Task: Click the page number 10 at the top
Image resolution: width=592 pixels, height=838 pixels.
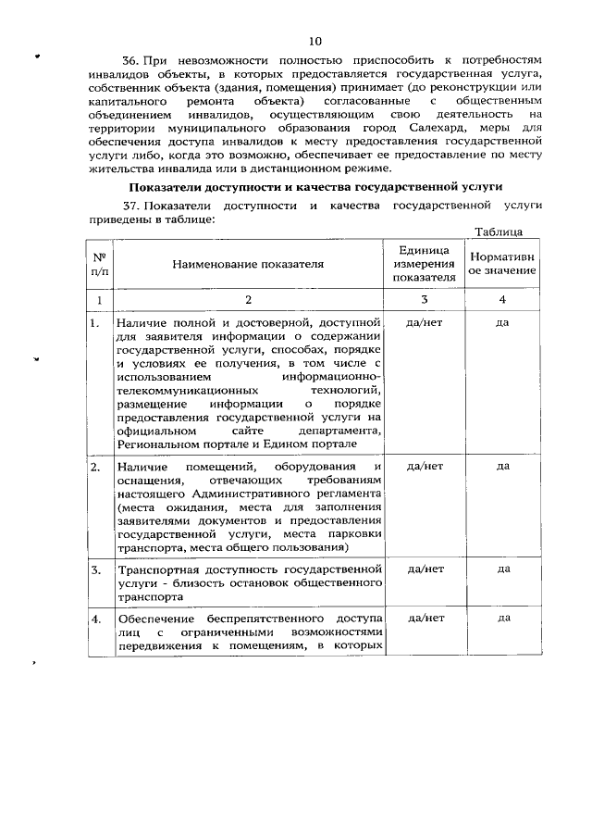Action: click(x=315, y=42)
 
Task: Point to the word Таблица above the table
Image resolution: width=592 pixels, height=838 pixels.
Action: click(x=499, y=231)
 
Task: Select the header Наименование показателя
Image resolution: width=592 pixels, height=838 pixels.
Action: click(x=247, y=264)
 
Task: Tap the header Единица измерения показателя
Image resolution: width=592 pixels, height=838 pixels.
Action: click(x=424, y=264)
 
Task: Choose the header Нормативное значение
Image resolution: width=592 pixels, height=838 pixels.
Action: click(x=502, y=264)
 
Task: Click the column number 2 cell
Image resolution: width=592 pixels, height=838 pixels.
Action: click(x=247, y=300)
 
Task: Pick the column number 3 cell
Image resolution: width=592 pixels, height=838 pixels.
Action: click(x=424, y=300)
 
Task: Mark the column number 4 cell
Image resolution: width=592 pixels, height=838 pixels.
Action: click(x=502, y=300)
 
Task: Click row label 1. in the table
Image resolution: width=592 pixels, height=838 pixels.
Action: click(x=95, y=324)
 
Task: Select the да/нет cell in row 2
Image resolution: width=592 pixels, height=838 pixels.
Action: click(x=424, y=466)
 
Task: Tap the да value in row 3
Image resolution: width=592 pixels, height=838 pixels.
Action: click(x=503, y=569)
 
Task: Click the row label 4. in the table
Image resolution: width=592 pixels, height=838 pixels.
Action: click(x=95, y=619)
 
